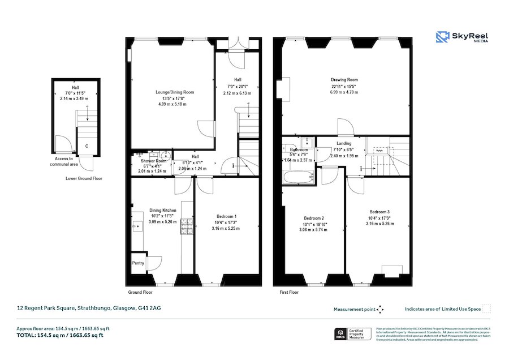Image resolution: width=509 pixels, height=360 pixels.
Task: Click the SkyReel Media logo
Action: click(462, 38)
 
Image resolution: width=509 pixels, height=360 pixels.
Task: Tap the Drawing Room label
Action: click(344, 80)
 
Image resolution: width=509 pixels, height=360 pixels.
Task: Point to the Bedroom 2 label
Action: click(313, 218)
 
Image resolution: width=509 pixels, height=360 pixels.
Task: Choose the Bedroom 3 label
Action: click(379, 211)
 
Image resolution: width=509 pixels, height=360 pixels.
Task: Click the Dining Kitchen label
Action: click(162, 210)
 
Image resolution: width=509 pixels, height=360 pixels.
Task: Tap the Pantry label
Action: click(138, 263)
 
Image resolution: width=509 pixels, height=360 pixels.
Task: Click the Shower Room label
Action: click(149, 161)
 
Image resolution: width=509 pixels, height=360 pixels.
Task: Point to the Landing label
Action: click(344, 144)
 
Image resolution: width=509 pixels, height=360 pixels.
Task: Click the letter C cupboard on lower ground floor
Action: click(86, 146)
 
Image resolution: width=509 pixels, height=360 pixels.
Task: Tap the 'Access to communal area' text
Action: click(63, 162)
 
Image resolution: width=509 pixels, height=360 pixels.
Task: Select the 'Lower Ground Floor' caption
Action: click(84, 178)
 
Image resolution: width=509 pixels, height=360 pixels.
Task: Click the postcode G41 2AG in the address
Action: click(149, 308)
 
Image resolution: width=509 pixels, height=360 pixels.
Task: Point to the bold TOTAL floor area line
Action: click(59, 335)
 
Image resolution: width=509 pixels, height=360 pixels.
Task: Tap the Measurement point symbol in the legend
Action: click(380, 309)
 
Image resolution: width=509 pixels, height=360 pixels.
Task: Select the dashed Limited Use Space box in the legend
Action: click(486, 309)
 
